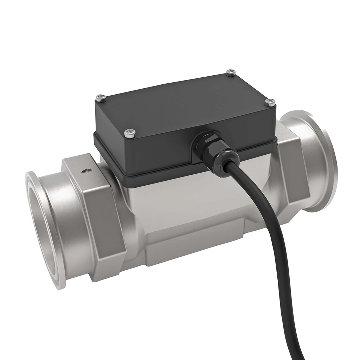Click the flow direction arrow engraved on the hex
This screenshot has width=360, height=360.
86,171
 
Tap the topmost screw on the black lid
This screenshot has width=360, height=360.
230,73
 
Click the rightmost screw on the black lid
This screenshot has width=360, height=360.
270,102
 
